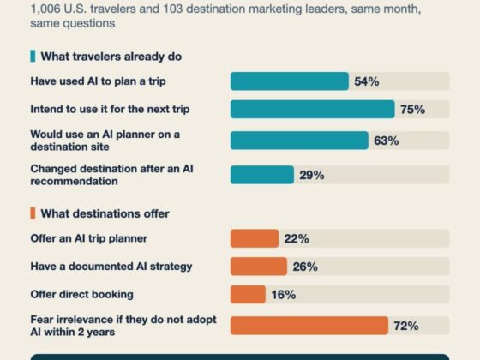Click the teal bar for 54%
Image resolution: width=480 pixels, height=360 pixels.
coord(290,81)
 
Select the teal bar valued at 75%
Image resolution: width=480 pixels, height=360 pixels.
coord(313,110)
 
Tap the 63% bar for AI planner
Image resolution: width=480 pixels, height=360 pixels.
coord(299,141)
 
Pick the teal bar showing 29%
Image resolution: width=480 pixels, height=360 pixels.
coord(262,175)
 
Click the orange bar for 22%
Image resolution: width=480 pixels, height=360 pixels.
coord(255,238)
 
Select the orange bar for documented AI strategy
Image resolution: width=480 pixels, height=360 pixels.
coord(259,267)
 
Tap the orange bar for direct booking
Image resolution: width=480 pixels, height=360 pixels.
coord(248,295)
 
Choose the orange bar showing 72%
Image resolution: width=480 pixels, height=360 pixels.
coord(309,326)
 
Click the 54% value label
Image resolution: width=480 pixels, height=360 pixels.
coord(367,81)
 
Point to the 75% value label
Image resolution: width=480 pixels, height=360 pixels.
coord(412,110)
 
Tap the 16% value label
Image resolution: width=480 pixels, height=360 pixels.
coord(284,295)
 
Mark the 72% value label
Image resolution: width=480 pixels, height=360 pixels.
coord(406,326)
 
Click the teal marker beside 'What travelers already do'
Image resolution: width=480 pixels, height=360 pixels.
coord(33,57)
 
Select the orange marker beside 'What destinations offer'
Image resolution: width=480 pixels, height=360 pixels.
coord(33,213)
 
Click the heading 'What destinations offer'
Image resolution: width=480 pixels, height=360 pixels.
coord(105,213)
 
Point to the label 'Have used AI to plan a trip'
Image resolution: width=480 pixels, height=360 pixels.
coord(99,81)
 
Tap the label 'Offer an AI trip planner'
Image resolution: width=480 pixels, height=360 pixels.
coord(89,238)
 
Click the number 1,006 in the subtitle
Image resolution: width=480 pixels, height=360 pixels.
coord(45,9)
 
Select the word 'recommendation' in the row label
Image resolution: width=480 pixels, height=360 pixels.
coord(74,181)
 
